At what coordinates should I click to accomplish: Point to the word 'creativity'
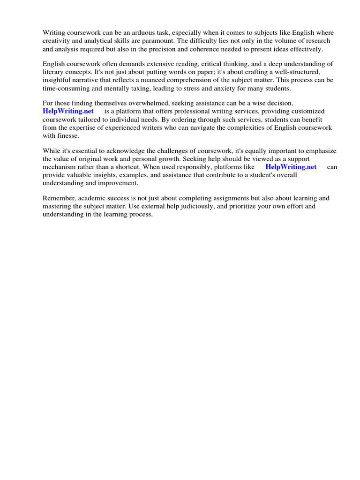(57, 41)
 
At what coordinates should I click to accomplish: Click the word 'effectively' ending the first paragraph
(306, 50)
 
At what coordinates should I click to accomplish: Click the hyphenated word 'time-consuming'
(65, 89)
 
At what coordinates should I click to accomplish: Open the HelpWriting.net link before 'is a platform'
(68, 111)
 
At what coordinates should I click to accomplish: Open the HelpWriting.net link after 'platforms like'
(291, 167)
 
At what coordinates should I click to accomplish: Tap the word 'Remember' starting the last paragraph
(59, 198)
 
